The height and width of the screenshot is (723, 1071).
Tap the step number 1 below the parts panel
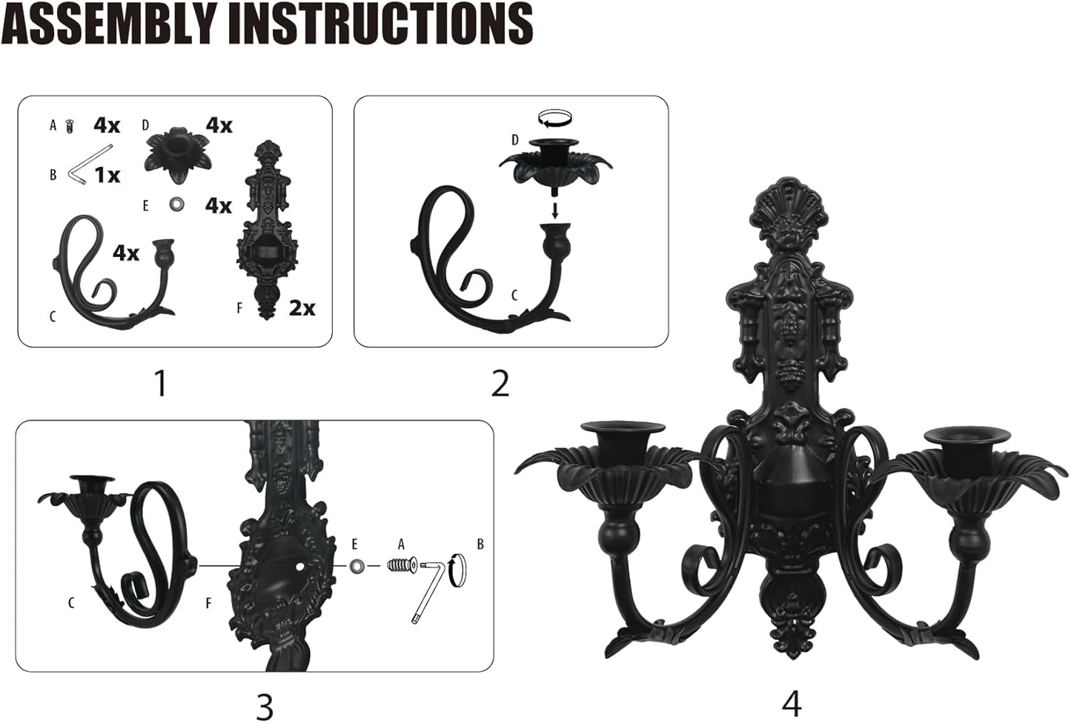click(x=159, y=383)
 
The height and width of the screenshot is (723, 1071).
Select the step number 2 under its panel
click(x=500, y=383)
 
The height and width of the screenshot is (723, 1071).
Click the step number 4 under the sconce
click(x=792, y=702)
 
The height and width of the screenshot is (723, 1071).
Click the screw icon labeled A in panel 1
click(x=70, y=126)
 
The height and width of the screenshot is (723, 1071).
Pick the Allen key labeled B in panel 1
click(x=82, y=172)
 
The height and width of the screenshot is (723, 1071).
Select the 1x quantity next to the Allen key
click(x=107, y=175)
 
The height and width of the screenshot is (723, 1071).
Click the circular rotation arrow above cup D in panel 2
click(x=556, y=117)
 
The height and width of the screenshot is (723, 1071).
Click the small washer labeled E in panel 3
click(x=357, y=566)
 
